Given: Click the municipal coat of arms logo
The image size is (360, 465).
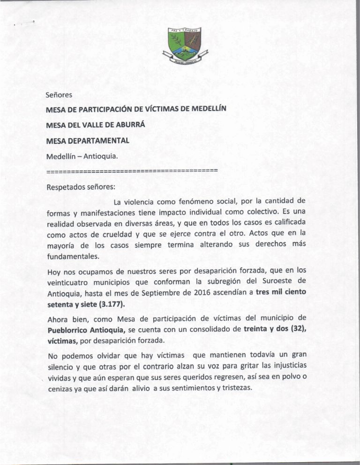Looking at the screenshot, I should pos(185,46).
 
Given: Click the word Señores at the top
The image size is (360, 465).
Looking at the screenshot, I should pos(59,96).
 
